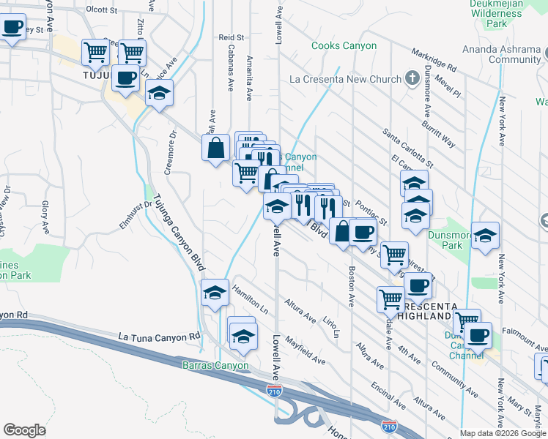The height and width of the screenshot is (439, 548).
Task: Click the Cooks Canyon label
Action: tap(344, 45)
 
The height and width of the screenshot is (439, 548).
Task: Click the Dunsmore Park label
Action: tap(452, 241)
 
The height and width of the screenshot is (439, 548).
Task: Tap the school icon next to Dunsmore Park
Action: tap(485, 236)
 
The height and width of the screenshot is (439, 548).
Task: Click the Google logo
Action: tap(24, 430)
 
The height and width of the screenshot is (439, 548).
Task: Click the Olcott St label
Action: tap(101, 10)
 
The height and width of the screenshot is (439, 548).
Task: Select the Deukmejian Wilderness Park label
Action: tap(506, 13)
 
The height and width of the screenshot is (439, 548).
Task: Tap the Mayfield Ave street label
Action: tap(306, 351)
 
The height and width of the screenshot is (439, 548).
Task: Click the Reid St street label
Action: tap(230, 37)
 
